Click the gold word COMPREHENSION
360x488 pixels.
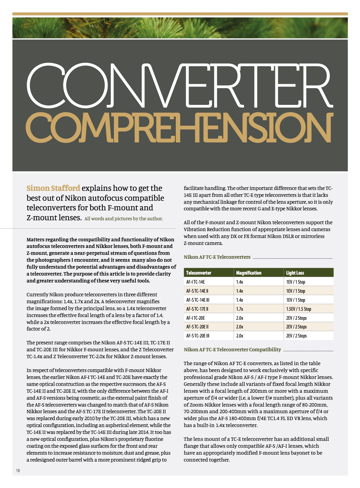tap(180, 128)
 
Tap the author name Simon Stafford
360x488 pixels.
tap(53, 188)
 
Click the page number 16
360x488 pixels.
tap(18, 471)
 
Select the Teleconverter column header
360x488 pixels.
tap(199, 273)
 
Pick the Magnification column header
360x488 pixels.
tap(249, 273)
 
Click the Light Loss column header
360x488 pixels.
tap(295, 273)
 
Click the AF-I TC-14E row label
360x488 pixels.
tap(195, 282)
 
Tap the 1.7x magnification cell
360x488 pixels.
tap(239, 309)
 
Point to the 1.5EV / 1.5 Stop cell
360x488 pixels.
tap(298, 309)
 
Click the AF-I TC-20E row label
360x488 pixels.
tap(195, 318)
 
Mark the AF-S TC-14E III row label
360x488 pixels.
tap(198, 300)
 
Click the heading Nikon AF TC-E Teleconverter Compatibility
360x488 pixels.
tap(232, 349)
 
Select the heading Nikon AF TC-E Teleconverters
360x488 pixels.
tap(217, 257)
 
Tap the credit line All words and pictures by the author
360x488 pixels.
tap(124, 219)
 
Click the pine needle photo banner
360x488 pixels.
tap(180, 28)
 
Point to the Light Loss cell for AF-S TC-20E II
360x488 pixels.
tap(296, 327)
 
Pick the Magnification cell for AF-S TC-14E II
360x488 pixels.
tap(239, 291)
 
